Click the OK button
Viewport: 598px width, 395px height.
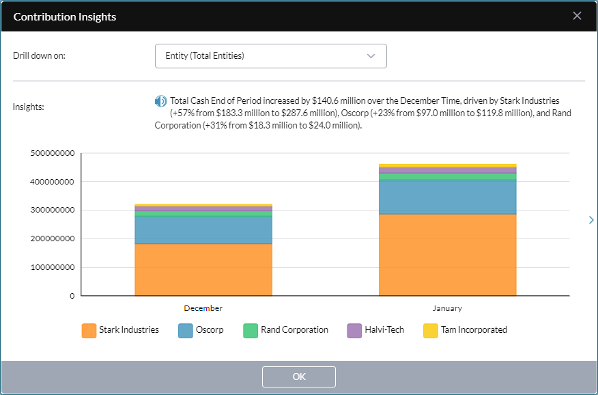pos(298,377)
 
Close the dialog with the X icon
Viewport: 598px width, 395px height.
pos(577,16)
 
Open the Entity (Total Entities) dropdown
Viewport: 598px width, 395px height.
pos(270,56)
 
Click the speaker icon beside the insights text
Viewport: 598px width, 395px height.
pos(160,101)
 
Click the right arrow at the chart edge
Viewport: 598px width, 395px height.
pos(590,220)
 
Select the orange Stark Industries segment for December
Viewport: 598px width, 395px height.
pos(203,270)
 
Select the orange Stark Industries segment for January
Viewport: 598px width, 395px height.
pos(447,255)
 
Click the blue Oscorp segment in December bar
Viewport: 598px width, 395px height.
pos(203,230)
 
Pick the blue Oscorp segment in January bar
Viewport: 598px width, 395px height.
pos(447,197)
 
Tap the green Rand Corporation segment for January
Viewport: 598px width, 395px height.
pos(447,176)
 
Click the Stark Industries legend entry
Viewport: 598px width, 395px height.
pos(120,330)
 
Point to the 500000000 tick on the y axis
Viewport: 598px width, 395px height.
pos(53,153)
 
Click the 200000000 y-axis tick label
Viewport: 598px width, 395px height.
pos(53,239)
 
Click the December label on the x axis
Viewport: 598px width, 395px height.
pos(203,308)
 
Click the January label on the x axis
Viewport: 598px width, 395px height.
pos(447,308)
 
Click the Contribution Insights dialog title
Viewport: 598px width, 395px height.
pos(65,16)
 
